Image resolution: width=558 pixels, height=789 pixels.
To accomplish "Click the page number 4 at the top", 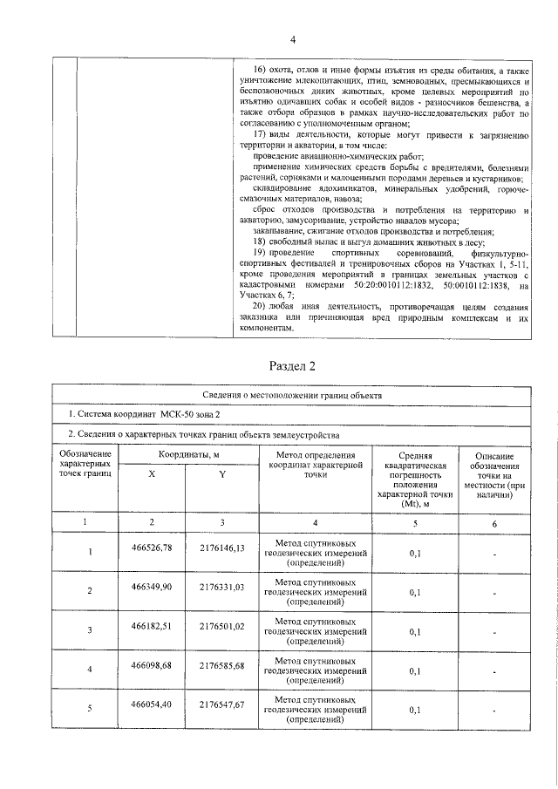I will [293, 39].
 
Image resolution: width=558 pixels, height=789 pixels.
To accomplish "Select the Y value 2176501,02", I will [221, 626].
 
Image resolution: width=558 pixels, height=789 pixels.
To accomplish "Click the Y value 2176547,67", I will [221, 704].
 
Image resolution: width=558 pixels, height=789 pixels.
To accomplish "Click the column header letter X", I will [153, 473].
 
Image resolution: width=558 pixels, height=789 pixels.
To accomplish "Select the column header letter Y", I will [221, 473].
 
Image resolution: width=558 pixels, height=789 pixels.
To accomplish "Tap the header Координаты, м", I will [187, 455].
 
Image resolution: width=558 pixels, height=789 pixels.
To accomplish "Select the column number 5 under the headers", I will [415, 521].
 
